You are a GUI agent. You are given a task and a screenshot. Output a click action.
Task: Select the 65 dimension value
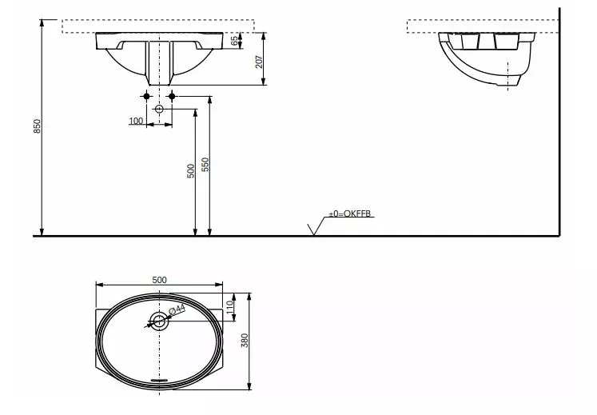click(x=235, y=40)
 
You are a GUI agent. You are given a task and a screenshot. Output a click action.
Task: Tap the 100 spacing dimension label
click(x=135, y=121)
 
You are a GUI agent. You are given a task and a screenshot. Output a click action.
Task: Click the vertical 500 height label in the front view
click(x=190, y=170)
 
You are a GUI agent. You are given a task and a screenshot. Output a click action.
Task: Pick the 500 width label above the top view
click(x=158, y=279)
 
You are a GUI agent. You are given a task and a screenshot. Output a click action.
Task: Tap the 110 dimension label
click(x=229, y=305)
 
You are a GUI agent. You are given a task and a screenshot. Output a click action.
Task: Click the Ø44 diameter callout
click(x=177, y=309)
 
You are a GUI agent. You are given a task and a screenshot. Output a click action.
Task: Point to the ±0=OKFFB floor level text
click(x=351, y=214)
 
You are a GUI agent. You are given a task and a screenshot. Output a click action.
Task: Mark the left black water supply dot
click(x=145, y=98)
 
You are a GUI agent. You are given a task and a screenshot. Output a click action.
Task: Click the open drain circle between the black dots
click(x=159, y=109)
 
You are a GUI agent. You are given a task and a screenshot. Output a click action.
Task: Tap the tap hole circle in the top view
click(x=159, y=321)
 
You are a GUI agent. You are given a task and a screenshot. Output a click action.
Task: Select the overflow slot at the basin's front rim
click(x=160, y=381)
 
